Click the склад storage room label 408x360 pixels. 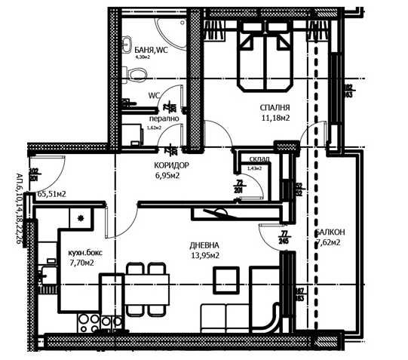[x=252, y=159]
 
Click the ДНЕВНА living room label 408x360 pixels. [x=204, y=245]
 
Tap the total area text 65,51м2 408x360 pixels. [x=51, y=194]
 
